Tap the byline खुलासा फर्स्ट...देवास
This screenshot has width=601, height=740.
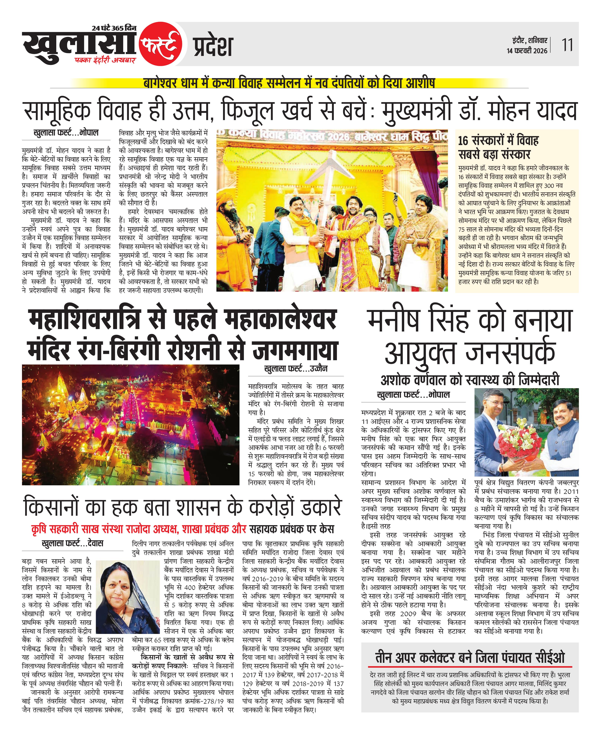72,543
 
